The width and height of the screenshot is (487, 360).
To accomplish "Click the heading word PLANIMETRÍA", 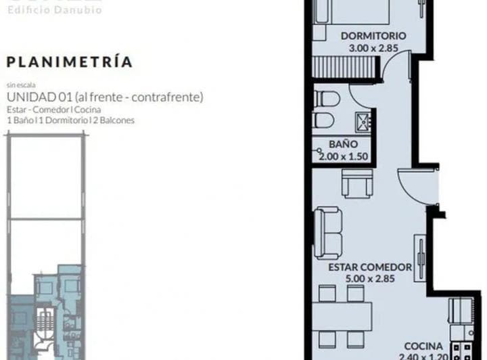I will click(70, 62).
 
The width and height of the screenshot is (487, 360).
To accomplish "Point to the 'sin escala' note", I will click(20, 86).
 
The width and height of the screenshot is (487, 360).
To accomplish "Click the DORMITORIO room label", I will click(373, 36).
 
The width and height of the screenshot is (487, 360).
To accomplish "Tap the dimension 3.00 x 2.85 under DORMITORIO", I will click(373, 48).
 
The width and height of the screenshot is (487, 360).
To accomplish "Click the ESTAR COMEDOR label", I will click(370, 267).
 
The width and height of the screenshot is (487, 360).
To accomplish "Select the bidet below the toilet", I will click(326, 122).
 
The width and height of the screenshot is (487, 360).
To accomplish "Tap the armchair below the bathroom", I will click(356, 182).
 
